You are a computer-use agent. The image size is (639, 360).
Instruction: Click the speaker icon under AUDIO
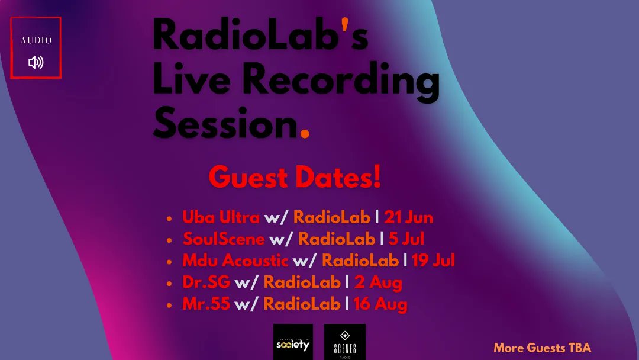coord(35,62)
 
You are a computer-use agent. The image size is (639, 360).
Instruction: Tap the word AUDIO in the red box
coord(36,40)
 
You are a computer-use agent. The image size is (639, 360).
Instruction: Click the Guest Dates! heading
coord(295,177)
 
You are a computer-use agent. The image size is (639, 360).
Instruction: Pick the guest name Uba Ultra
coord(221,217)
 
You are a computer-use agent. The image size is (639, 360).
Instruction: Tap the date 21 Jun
coord(408,217)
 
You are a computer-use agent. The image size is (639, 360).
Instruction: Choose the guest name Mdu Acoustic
coord(235,261)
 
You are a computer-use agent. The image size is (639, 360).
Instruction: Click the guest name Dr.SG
coord(206,283)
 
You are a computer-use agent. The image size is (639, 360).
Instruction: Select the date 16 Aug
coord(380,305)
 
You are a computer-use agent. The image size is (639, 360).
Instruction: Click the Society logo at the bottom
coord(293,342)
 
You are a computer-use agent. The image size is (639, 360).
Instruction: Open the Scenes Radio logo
coord(344,342)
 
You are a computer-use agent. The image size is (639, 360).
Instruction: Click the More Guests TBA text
coord(542,348)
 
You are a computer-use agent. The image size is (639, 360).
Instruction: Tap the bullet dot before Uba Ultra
coord(170,219)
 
